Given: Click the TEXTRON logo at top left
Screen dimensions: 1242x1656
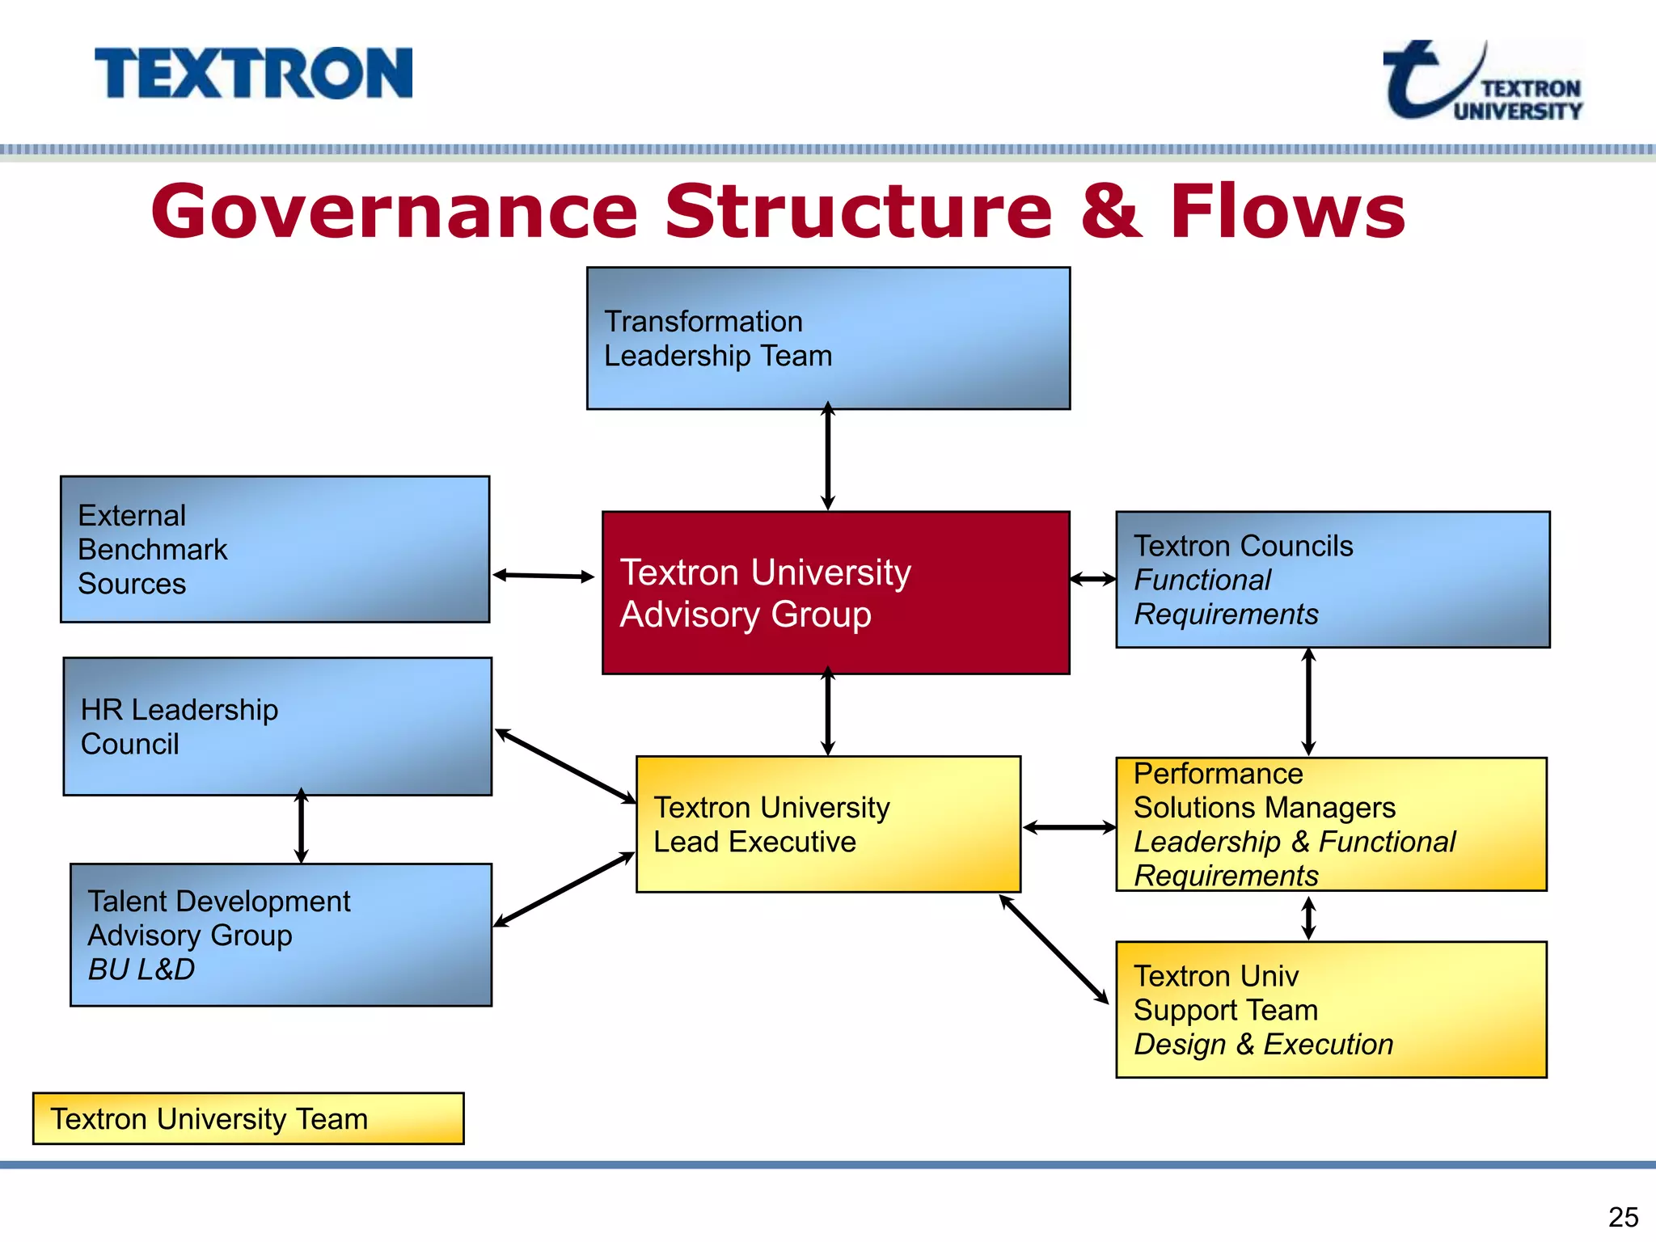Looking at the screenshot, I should point(253,74).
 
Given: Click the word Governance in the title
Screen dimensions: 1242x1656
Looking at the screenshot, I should point(394,212).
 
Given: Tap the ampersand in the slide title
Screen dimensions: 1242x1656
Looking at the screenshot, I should point(1111,212).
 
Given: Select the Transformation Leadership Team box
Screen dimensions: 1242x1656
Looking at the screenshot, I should point(828,338).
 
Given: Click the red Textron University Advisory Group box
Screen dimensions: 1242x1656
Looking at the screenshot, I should point(835,593).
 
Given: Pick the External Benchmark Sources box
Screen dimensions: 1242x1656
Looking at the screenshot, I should point(275,549).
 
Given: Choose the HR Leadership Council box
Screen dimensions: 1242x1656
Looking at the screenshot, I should point(277,726).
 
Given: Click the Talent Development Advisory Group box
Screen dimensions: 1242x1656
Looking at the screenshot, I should point(281,935).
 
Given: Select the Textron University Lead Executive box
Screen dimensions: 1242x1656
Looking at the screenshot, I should point(828,824).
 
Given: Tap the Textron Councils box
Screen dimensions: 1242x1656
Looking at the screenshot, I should point(1333,579).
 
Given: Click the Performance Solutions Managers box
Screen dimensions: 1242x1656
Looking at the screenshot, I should point(1331,824).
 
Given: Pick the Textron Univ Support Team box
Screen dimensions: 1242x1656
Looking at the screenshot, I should point(1331,1009).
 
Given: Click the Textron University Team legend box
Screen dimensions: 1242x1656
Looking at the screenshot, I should point(248,1118).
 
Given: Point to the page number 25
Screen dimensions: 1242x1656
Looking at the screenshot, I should point(1623,1217).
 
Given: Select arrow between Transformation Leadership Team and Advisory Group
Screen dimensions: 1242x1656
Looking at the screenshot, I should point(827,458).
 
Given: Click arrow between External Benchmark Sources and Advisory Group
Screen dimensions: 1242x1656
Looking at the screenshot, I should point(543,576).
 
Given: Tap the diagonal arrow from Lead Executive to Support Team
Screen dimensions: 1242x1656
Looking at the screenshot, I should point(1054,949).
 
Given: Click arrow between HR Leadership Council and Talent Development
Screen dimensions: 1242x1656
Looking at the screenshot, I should point(301,827).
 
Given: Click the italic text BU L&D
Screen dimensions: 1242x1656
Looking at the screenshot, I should point(142,969).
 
